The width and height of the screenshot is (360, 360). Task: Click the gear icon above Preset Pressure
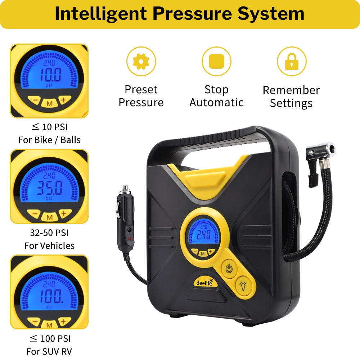click(141, 61)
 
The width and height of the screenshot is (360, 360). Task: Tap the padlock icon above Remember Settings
click(292, 62)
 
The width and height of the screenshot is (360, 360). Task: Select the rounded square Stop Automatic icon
click(216, 61)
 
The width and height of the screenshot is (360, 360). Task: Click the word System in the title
click(271, 13)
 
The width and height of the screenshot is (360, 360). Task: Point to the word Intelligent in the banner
click(101, 13)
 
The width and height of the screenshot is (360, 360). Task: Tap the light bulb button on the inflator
click(243, 286)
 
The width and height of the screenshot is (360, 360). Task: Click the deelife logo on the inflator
click(204, 283)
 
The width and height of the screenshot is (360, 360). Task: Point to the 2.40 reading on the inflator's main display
click(203, 235)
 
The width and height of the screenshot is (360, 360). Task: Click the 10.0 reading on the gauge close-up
click(51, 75)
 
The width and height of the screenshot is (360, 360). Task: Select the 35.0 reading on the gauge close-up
click(50, 188)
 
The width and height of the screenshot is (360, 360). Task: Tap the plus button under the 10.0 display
click(64, 100)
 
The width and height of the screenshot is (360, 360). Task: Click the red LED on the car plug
click(130, 239)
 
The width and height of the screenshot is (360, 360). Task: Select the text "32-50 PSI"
click(49, 233)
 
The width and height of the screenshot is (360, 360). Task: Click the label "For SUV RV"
click(49, 351)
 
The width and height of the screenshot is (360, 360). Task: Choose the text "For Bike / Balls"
click(49, 140)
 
